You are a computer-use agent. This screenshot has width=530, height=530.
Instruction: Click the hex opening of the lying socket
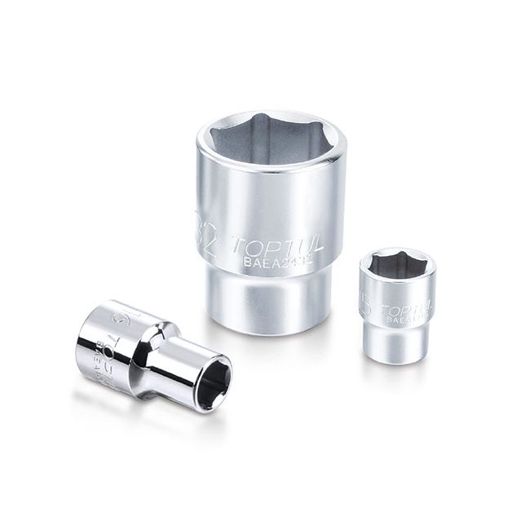(213, 378)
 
